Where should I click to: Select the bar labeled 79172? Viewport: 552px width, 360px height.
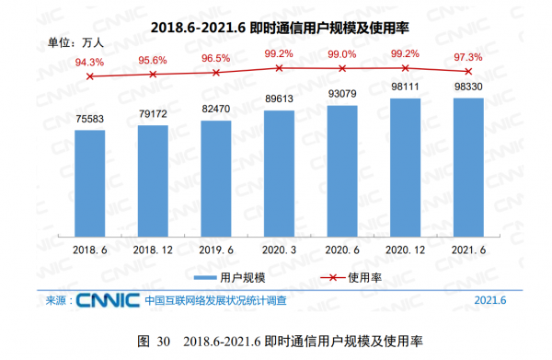coord(153,179)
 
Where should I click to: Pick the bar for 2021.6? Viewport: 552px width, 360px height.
coord(468,166)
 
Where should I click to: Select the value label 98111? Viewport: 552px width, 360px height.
coord(406,85)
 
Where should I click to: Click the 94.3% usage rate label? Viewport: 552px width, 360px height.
coord(89,62)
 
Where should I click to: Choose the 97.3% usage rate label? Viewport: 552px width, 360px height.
coord(468,56)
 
